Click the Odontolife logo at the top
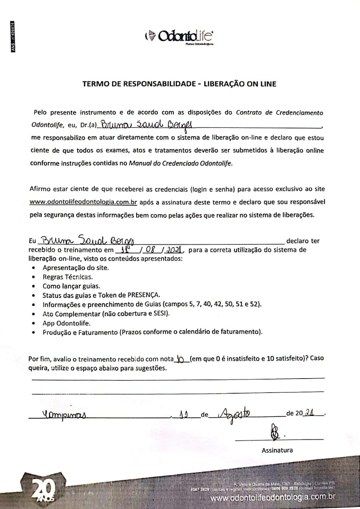click(x=179, y=36)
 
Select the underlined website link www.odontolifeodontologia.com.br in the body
click(x=83, y=202)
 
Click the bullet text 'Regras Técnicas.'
click(x=68, y=277)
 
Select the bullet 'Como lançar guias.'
click(x=71, y=286)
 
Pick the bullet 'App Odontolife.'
click(x=67, y=323)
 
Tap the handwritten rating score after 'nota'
click(x=180, y=358)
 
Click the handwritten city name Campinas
click(x=63, y=415)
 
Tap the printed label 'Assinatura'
click(x=277, y=450)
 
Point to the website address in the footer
click(x=273, y=498)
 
